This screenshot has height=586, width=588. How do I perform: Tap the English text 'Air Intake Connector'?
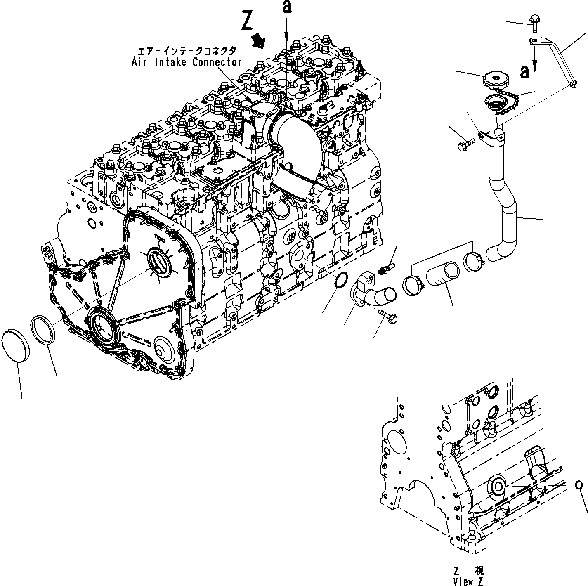coord(187,62)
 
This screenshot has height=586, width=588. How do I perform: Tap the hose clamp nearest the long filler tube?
coord(471,260)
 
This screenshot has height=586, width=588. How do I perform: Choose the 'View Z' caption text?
coord(468,582)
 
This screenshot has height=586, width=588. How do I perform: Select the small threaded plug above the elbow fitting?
coord(386,268)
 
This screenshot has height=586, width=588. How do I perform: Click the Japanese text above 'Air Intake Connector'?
coord(187,51)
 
